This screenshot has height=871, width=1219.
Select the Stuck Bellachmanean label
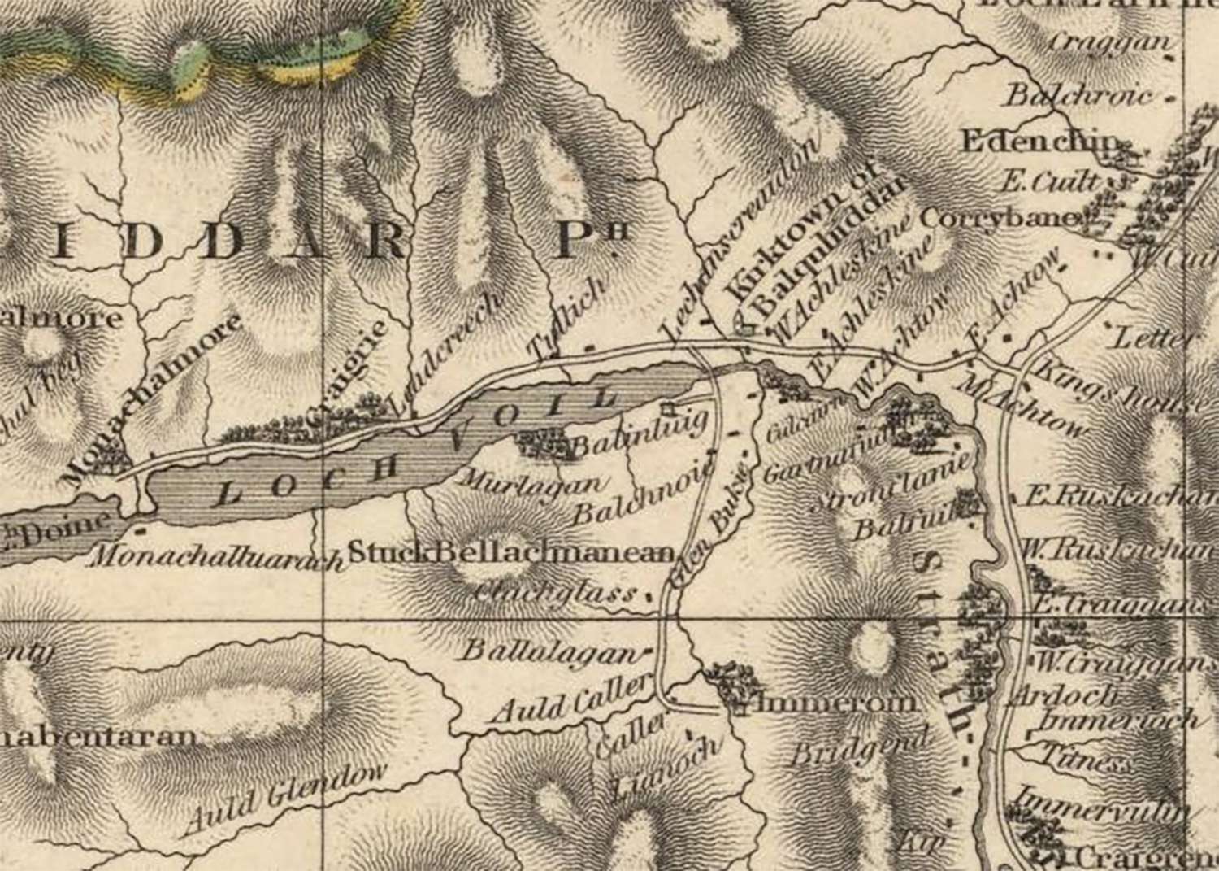coord(512,554)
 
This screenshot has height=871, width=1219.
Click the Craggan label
coord(1109,42)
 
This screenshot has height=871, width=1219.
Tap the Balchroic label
coord(1079,96)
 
